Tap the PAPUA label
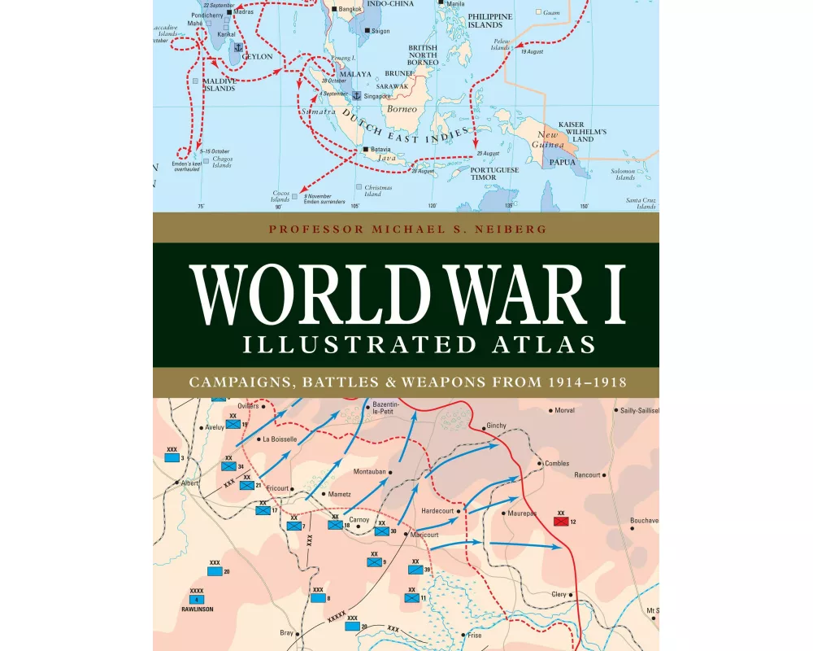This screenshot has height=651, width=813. pyautogui.click(x=563, y=162)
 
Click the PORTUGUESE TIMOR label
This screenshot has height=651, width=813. pyautogui.click(x=494, y=173)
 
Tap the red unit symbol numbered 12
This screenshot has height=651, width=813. pyautogui.click(x=560, y=521)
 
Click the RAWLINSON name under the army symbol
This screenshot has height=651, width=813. pyautogui.click(x=197, y=607)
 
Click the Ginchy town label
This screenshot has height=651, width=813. pyautogui.click(x=496, y=426)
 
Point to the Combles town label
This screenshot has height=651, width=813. pyautogui.click(x=557, y=463)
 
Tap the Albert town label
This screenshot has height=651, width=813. pyautogui.click(x=189, y=483)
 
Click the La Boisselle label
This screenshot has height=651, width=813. pyautogui.click(x=280, y=439)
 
